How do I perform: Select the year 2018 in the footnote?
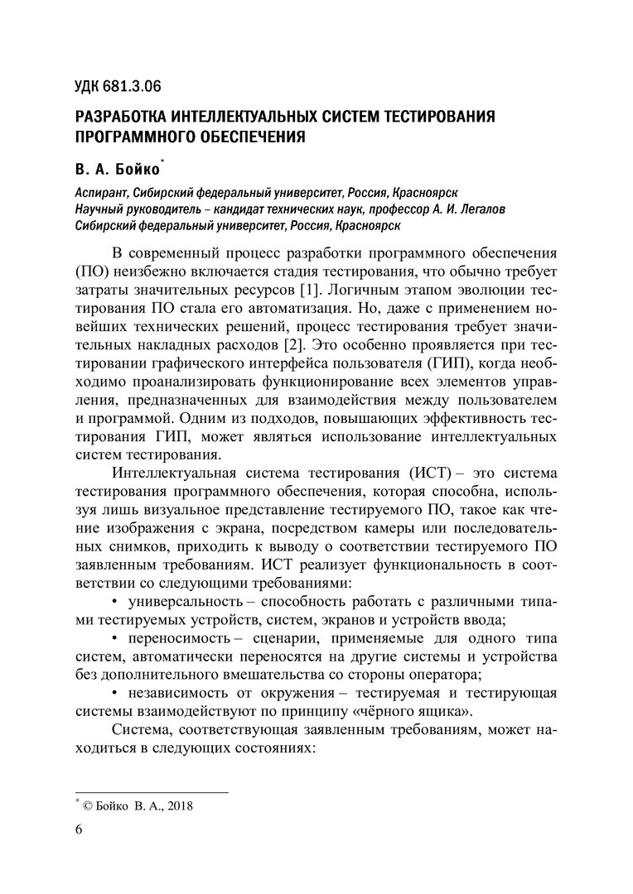(178, 804)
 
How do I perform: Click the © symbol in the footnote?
(86, 804)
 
